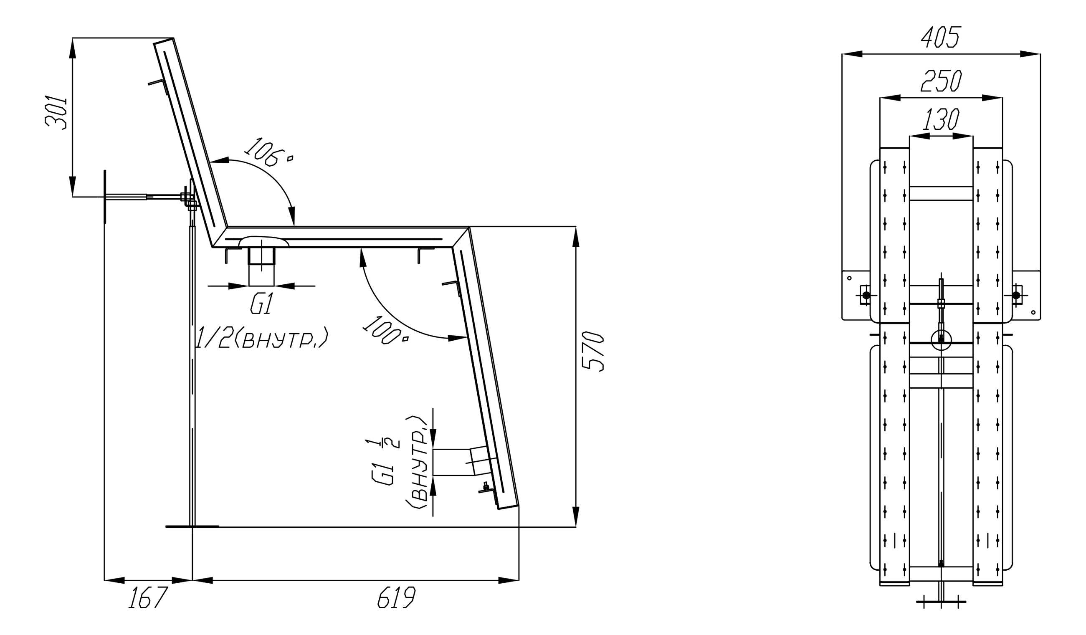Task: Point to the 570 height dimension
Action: [592, 351]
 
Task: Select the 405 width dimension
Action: [941, 37]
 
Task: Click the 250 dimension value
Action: [941, 81]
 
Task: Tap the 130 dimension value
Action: [941, 119]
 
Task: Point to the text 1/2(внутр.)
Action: [262, 338]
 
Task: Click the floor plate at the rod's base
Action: [192, 526]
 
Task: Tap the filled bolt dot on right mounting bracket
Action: [1016, 296]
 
